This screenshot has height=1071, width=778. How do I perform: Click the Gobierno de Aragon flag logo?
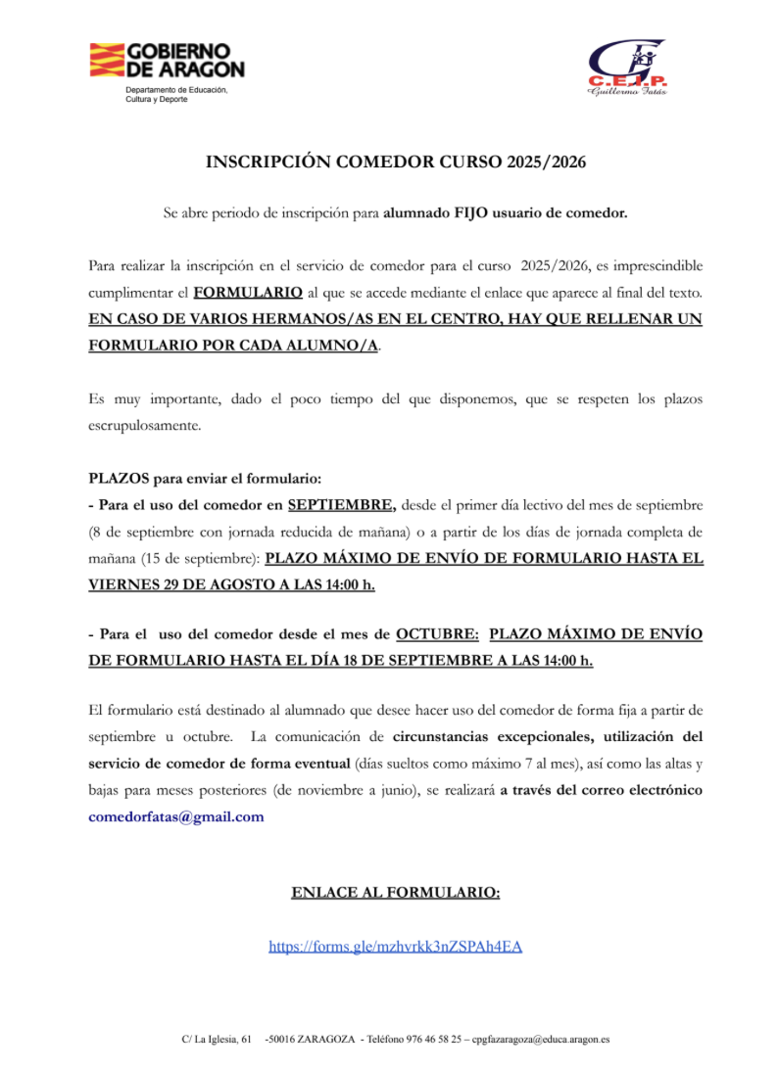[x=106, y=61]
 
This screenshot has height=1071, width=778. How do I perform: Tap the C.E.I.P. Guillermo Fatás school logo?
[x=627, y=67]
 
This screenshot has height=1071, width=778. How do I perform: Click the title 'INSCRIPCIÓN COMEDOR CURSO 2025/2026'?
[x=396, y=163]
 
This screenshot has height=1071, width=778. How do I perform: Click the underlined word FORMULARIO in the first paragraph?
[x=248, y=293]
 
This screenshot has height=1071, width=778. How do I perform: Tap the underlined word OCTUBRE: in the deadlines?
[x=437, y=633]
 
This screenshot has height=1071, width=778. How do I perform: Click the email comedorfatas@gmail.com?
[x=176, y=816]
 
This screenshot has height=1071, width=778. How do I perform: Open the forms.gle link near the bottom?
[x=396, y=946]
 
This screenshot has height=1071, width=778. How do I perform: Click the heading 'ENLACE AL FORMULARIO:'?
[x=396, y=892]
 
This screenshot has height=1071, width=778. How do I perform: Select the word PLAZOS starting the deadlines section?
[x=119, y=479]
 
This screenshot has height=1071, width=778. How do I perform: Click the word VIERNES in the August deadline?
[x=122, y=584]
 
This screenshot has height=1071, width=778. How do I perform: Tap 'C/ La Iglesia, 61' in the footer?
[x=217, y=1039]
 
